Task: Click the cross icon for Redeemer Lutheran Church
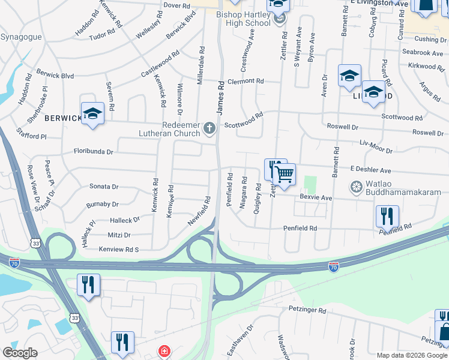pyautogui.click(x=209, y=127)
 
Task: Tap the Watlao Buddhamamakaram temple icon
pyautogui.click(x=356, y=187)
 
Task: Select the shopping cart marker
pyautogui.click(x=285, y=174)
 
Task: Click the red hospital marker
pyautogui.click(x=163, y=351)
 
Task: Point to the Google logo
pyautogui.click(x=20, y=353)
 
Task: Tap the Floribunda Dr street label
pyautogui.click(x=93, y=152)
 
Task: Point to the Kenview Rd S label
pyautogui.click(x=119, y=248)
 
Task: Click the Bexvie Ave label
pyautogui.click(x=316, y=197)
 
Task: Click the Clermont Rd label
pyautogui.click(x=245, y=81)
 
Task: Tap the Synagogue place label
pyautogui.click(x=21, y=37)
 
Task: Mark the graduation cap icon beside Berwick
pyautogui.click(x=93, y=113)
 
